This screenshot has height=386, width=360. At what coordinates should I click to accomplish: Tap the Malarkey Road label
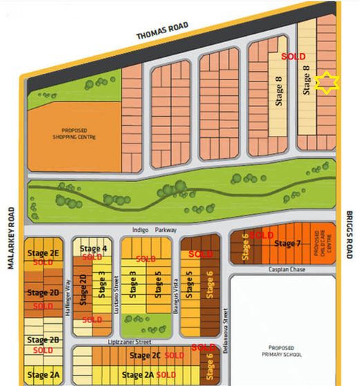[12, 234]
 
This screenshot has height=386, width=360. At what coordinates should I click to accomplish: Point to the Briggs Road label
[350, 235]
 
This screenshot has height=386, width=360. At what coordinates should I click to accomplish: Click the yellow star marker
[326, 82]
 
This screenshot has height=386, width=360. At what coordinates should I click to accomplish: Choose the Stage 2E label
[43, 253]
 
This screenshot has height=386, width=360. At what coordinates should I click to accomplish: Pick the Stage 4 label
[93, 249]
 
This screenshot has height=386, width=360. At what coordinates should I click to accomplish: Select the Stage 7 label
[288, 243]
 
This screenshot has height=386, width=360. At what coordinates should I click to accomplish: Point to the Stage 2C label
[145, 356]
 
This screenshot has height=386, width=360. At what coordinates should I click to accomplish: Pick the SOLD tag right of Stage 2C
[175, 356]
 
